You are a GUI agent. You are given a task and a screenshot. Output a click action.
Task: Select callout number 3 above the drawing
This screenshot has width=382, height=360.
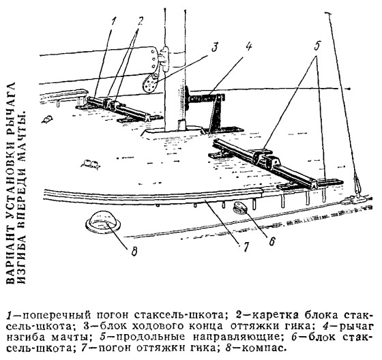point(214,47)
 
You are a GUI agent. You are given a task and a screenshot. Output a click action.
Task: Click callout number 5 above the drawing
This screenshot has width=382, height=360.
point(317,45)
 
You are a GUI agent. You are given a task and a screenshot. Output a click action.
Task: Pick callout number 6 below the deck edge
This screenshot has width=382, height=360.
point(272,241)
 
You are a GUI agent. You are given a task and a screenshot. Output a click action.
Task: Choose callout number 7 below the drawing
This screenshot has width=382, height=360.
point(246,247)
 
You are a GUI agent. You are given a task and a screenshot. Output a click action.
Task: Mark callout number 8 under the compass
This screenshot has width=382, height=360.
point(134,251)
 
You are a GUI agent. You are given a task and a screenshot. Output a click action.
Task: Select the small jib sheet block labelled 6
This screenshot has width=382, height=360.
point(241,208)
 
